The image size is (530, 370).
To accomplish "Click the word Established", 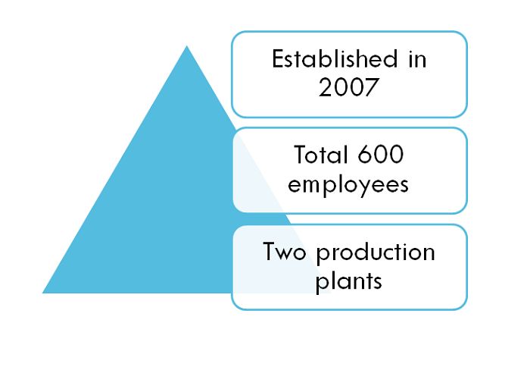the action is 335,58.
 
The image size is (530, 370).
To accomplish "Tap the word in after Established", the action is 417,59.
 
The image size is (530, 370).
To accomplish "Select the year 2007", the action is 348,87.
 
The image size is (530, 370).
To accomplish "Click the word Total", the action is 320,155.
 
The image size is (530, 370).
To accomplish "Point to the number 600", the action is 381,155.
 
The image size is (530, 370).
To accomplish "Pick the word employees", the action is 348,185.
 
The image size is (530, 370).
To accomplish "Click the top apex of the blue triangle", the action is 186,45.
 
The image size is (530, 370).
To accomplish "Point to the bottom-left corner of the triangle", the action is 42,293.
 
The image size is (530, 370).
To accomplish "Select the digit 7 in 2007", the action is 372,88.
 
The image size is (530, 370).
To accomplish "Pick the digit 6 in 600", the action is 365,155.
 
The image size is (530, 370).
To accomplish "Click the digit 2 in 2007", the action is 325,87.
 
